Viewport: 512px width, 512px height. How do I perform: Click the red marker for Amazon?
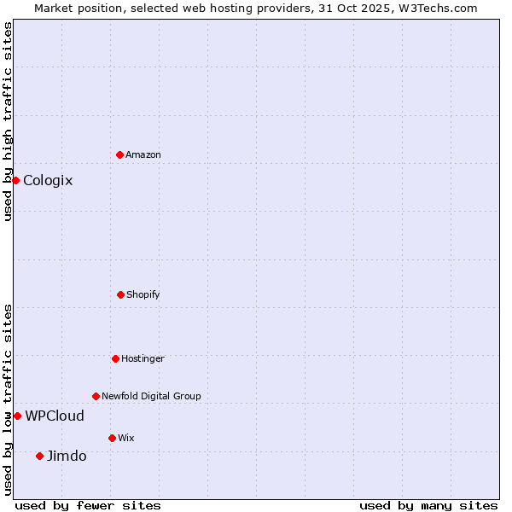[119, 154]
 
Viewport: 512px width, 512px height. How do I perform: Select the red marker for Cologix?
[15, 180]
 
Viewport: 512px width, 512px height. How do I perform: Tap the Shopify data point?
[120, 294]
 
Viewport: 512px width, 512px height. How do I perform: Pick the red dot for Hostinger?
[115, 358]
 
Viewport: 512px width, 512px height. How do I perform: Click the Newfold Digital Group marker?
[96, 396]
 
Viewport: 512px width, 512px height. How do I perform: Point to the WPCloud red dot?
[17, 416]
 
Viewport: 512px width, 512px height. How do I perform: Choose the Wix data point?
[112, 438]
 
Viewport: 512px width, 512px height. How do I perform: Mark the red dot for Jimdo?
[39, 456]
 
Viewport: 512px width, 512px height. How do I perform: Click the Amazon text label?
[143, 154]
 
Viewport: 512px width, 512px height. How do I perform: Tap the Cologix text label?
[48, 180]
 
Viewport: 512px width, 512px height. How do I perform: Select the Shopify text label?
[143, 294]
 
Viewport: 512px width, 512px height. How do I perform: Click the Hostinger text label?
[143, 358]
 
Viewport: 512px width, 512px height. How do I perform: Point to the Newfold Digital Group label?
[151, 396]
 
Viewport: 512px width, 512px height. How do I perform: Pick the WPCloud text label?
[55, 416]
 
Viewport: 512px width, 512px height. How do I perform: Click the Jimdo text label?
[67, 456]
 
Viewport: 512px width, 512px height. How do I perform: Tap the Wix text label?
[126, 438]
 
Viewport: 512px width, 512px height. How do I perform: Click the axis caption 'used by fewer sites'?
[88, 505]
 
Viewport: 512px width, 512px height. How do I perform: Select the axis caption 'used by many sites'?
[428, 505]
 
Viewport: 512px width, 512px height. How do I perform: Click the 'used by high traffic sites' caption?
[8, 121]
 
